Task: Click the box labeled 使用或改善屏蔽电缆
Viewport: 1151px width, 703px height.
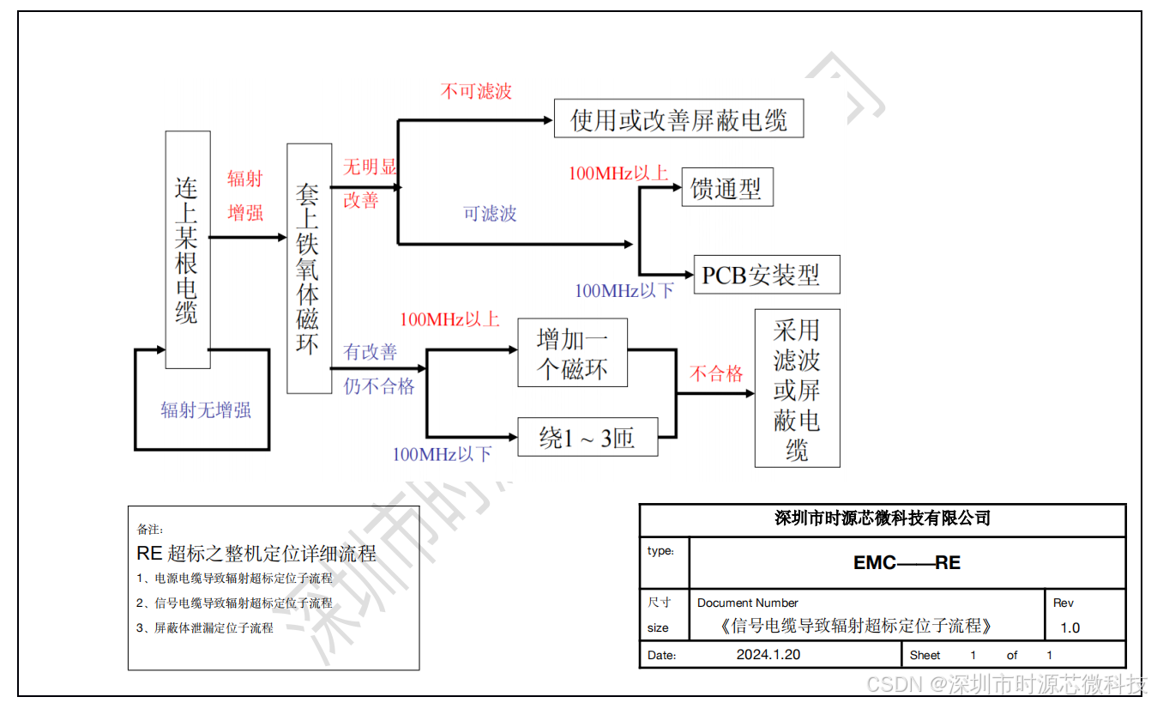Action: click(678, 118)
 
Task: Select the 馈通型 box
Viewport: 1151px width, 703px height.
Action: click(726, 187)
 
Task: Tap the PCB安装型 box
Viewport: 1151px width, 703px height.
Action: click(761, 275)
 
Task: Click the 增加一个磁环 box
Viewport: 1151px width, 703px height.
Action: click(573, 353)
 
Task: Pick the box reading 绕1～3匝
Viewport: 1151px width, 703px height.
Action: click(588, 438)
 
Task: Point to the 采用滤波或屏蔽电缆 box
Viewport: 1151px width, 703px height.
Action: click(797, 388)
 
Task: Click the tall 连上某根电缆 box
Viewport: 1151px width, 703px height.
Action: click(187, 249)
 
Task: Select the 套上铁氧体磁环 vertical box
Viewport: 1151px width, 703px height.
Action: click(309, 268)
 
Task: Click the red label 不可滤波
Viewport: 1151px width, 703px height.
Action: click(476, 91)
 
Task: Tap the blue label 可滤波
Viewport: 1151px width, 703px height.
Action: click(490, 213)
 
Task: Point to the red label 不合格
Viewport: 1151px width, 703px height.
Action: click(716, 373)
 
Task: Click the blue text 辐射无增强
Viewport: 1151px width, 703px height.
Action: click(206, 410)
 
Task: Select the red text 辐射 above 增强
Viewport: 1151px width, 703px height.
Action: click(244, 179)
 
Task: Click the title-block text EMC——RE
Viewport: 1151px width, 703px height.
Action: click(907, 563)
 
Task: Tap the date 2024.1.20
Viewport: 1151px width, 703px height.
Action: click(768, 655)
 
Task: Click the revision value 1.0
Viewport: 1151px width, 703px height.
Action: click(1070, 627)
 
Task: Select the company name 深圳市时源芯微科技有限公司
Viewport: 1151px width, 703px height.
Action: click(882, 518)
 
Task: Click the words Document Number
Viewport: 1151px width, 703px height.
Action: click(747, 603)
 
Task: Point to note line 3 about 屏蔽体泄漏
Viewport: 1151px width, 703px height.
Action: click(205, 628)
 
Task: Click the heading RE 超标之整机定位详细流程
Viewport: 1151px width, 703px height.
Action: click(256, 554)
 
